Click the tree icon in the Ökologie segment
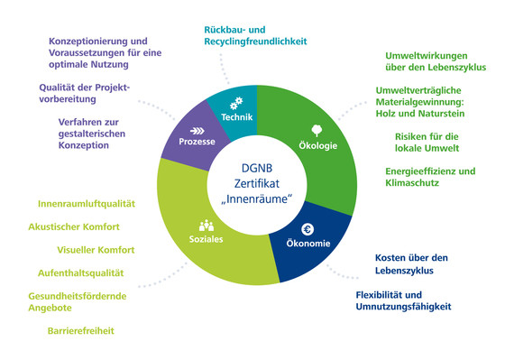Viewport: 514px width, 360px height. (x=317, y=129)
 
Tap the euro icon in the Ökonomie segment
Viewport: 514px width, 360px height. (x=307, y=229)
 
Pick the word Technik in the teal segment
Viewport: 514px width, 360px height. (x=238, y=117)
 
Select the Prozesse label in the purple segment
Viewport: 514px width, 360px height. (x=197, y=143)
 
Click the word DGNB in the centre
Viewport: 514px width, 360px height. (x=253, y=166)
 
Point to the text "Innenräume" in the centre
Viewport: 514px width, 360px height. (x=253, y=198)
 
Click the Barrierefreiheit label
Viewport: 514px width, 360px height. (x=81, y=331)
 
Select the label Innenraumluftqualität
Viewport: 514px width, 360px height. (x=87, y=204)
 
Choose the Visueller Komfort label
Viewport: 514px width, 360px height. (x=96, y=249)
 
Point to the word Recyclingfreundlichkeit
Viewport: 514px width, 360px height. (x=255, y=42)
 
